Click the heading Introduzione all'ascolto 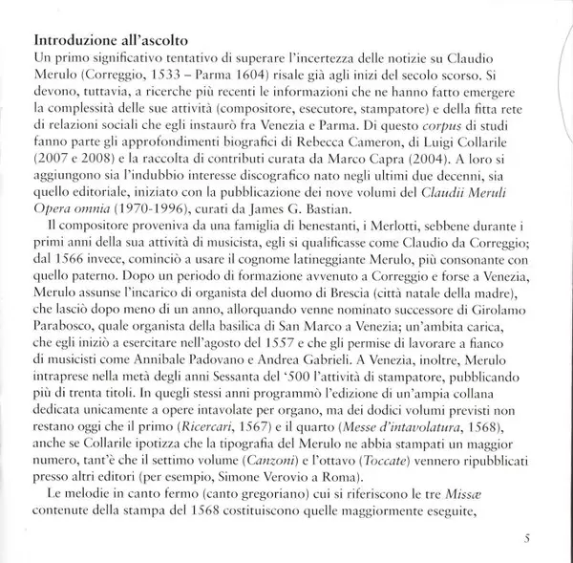[110, 42]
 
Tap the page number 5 [527, 539]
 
